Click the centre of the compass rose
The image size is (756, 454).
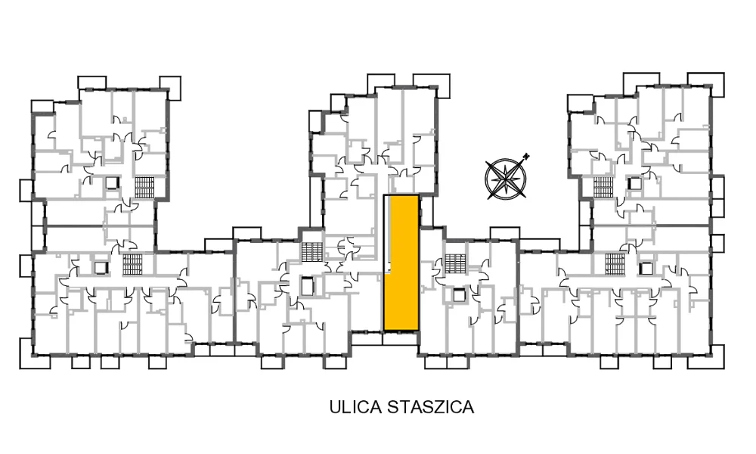coord(505,179)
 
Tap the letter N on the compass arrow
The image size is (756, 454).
coord(527,156)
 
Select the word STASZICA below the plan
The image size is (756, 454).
coord(431,407)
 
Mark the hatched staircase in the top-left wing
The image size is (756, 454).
coord(144,188)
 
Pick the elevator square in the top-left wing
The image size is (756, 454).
coord(112,183)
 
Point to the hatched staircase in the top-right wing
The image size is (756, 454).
coord(603,187)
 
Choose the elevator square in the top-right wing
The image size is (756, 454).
coord(635,183)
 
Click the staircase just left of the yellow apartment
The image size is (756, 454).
coord(312,251)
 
